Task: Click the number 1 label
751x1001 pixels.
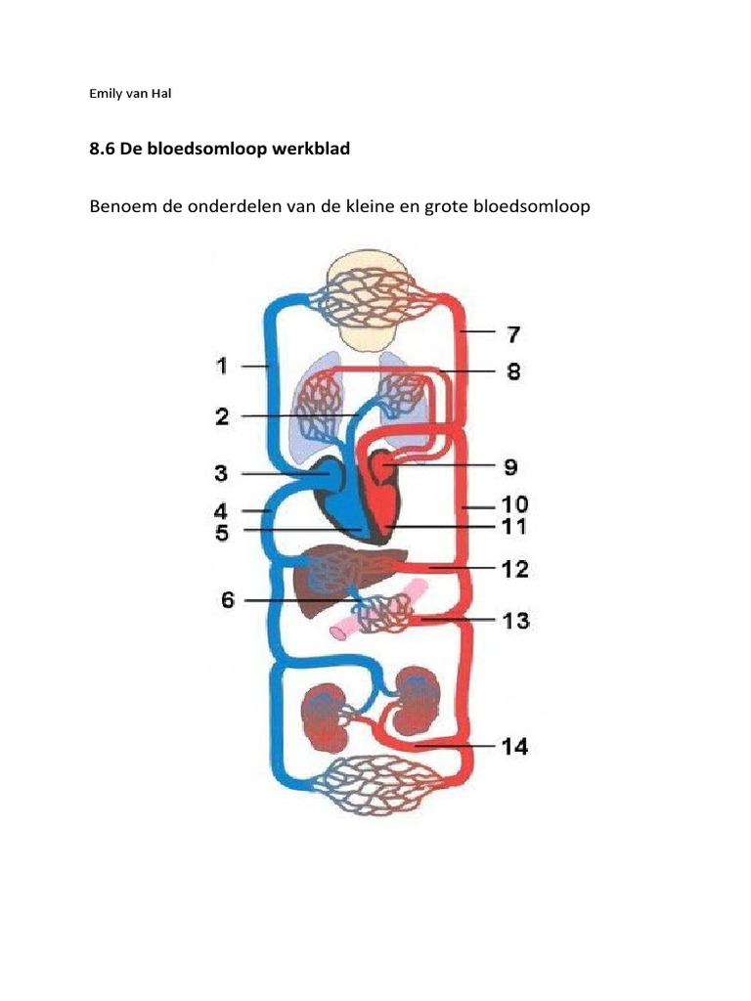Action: (222, 366)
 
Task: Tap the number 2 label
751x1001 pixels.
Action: (222, 416)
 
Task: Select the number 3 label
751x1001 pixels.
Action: (222, 474)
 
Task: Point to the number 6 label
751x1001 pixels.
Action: (228, 599)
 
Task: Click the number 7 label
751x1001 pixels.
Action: (512, 334)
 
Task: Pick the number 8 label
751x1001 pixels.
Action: (513, 371)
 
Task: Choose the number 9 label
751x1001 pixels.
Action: (510, 467)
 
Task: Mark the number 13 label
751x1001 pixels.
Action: (514, 620)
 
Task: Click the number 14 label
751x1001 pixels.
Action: (514, 747)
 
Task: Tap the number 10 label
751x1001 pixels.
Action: (513, 505)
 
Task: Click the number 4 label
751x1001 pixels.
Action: (222, 510)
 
